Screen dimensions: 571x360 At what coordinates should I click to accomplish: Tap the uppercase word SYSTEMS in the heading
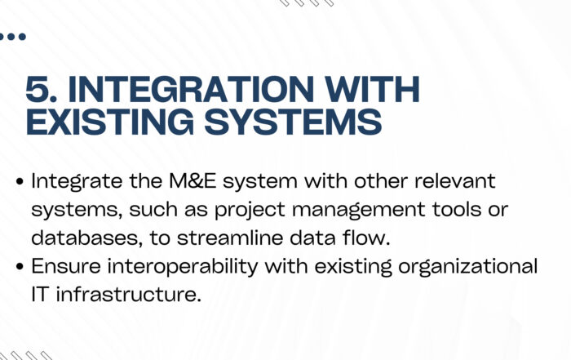click(293, 122)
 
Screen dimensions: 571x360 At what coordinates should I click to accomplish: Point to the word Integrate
click(77, 181)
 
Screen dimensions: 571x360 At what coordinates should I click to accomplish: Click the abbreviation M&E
click(193, 181)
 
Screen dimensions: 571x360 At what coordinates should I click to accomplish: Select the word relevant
click(455, 180)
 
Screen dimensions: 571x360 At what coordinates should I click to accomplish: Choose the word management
click(359, 211)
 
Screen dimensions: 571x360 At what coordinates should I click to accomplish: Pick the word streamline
click(230, 238)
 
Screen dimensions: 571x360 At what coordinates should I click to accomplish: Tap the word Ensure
click(66, 266)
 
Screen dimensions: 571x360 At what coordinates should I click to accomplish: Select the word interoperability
click(183, 267)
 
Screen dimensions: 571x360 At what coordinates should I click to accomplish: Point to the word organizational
click(468, 267)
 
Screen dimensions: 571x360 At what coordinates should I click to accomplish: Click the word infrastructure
click(129, 295)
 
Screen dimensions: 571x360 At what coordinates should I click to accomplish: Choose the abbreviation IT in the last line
click(40, 295)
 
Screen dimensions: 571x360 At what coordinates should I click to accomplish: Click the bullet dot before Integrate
click(20, 182)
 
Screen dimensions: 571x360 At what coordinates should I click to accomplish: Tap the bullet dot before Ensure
click(20, 267)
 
